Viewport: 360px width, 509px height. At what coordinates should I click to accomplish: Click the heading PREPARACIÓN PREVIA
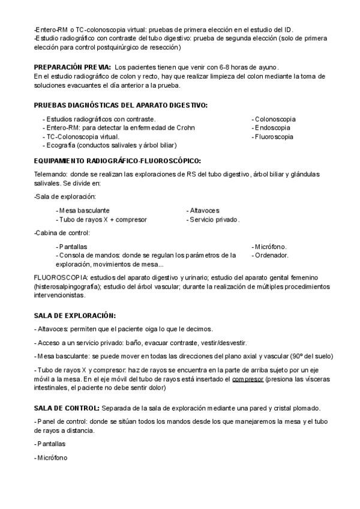(73, 67)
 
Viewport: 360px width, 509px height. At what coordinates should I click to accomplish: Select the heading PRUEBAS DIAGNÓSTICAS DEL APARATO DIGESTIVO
(121, 105)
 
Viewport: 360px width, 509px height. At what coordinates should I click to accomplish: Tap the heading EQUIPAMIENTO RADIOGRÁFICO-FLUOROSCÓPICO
(118, 161)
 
